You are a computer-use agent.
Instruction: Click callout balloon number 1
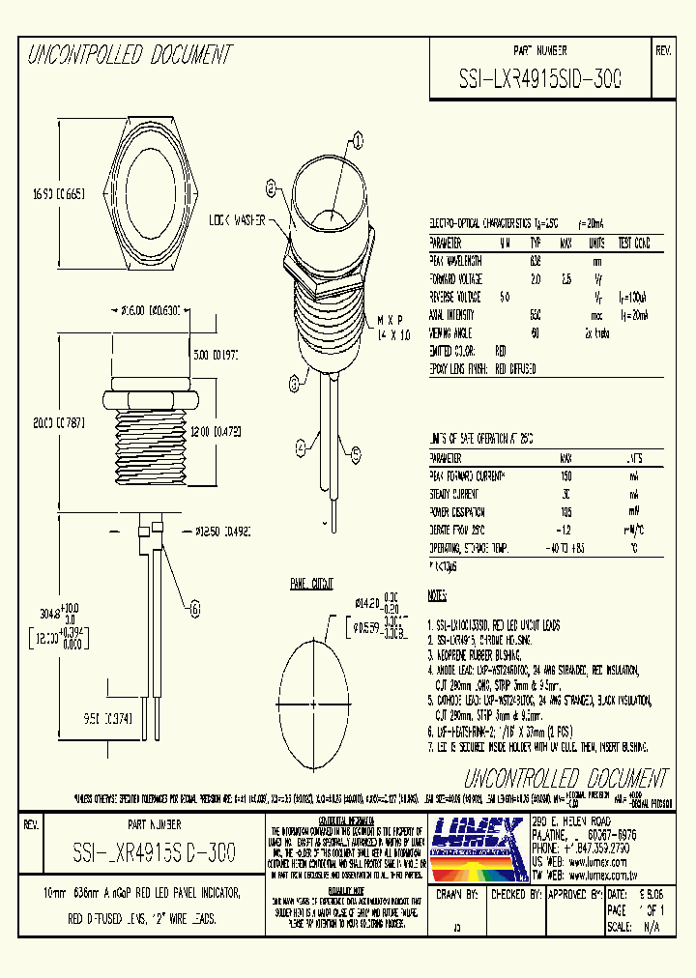coord(356,142)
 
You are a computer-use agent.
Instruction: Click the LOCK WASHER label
coord(238,220)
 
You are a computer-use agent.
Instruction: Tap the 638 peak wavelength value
coord(535,261)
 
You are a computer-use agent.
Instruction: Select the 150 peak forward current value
coord(566,475)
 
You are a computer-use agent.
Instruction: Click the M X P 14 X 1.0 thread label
coord(391,325)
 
